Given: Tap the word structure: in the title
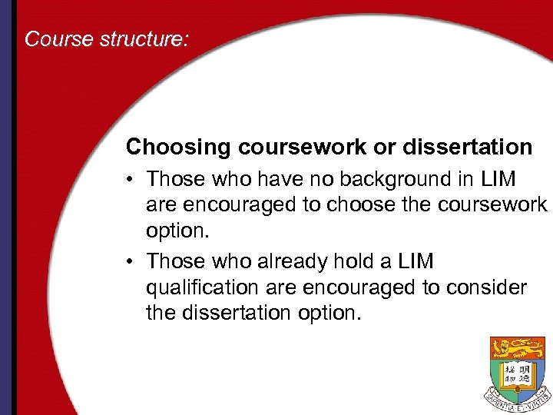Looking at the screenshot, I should [x=144, y=38].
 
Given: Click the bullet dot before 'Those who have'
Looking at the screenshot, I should [x=132, y=180].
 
